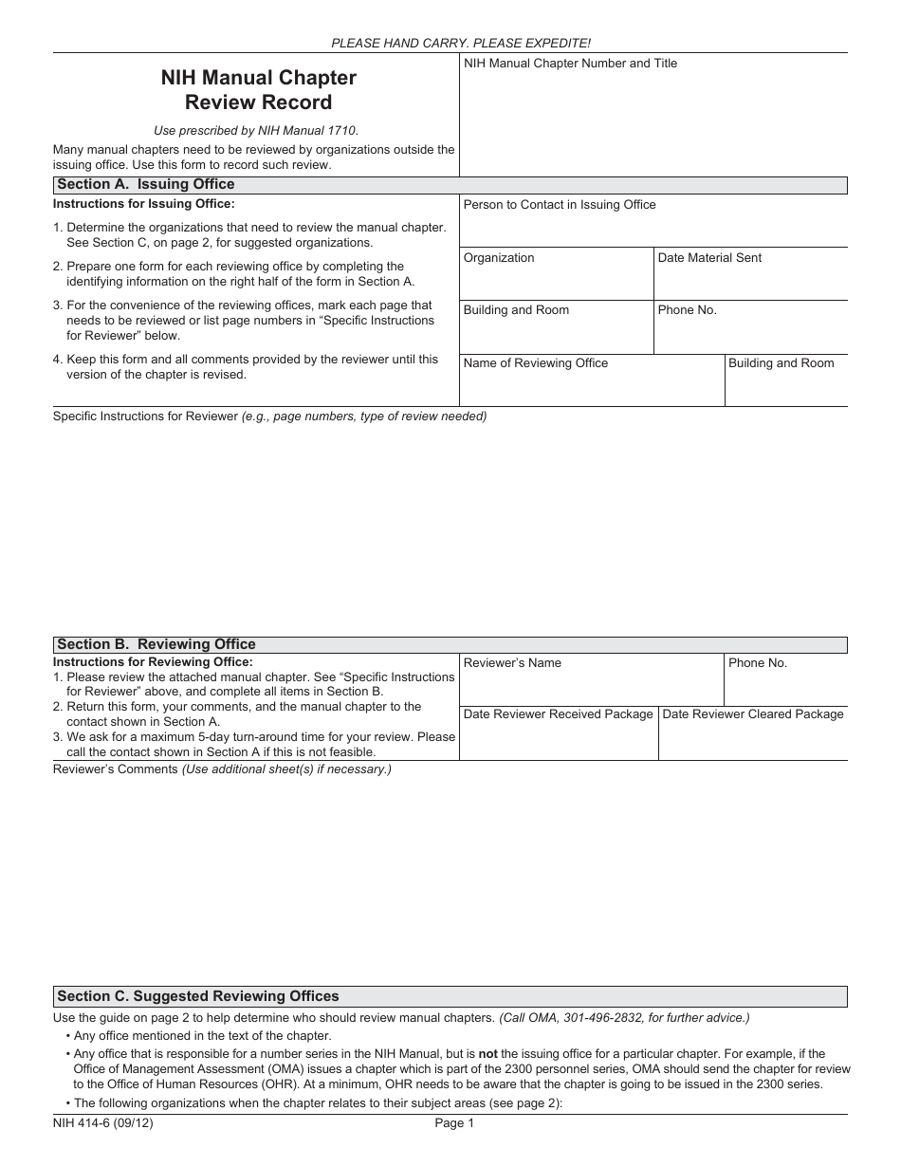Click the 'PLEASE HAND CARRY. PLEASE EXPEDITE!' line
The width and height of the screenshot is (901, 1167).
pyautogui.click(x=461, y=44)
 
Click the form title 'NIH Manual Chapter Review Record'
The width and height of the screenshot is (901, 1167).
pyautogui.click(x=258, y=89)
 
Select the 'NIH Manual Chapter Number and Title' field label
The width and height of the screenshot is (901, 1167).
pyautogui.click(x=570, y=64)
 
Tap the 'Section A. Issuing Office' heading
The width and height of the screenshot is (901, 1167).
pyautogui.click(x=145, y=184)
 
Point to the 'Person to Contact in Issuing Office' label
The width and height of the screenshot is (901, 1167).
pyautogui.click(x=559, y=205)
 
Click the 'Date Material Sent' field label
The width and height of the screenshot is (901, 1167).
pyautogui.click(x=708, y=258)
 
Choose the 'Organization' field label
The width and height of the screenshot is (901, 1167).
pyautogui.click(x=499, y=258)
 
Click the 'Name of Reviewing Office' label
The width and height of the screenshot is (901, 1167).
pyautogui.click(x=535, y=363)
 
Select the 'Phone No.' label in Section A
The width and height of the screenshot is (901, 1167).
pyautogui.click(x=687, y=310)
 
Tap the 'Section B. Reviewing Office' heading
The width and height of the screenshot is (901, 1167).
pyautogui.click(x=156, y=644)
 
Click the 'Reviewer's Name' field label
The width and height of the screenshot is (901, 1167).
pyautogui.click(x=512, y=663)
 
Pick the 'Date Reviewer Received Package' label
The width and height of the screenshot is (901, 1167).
pyautogui.click(x=558, y=714)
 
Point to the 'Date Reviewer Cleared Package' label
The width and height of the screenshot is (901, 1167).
pyautogui.click(x=752, y=714)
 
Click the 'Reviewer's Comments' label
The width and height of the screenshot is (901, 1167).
pyautogui.click(x=116, y=769)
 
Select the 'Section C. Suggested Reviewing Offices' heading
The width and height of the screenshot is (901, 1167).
pyautogui.click(x=197, y=996)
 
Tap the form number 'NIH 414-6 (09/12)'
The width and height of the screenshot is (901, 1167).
pyautogui.click(x=103, y=1123)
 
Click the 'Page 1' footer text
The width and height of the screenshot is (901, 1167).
pyautogui.click(x=454, y=1123)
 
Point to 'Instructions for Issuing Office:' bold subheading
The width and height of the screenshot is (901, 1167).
pyautogui.click(x=143, y=204)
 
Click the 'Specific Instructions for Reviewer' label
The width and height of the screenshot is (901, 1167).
pyautogui.click(x=145, y=417)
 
